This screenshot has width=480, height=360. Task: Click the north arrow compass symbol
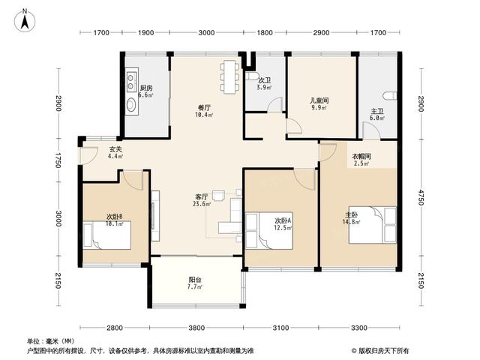tap(25, 20)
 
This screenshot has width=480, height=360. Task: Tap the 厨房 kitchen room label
tap(146, 88)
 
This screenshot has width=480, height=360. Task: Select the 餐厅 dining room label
tap(204, 108)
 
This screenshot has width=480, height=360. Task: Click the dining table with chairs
tap(229, 77)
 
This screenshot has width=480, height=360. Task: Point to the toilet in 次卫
tap(252, 76)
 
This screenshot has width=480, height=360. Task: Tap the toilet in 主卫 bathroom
tap(391, 96)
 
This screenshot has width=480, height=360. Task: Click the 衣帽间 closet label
tap(361, 157)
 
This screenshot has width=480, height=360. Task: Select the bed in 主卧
tap(372, 225)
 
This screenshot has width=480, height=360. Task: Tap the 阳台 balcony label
tap(195, 280)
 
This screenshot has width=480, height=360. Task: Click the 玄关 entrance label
tap(115, 149)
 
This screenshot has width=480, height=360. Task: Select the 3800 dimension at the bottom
tap(196, 328)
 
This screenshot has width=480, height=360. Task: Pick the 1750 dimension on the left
tap(58, 160)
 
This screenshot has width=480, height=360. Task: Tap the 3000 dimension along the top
tap(206, 32)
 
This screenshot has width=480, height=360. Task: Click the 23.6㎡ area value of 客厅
tap(202, 203)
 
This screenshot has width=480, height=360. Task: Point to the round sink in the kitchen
tap(132, 105)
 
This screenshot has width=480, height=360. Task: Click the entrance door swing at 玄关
tap(89, 155)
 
